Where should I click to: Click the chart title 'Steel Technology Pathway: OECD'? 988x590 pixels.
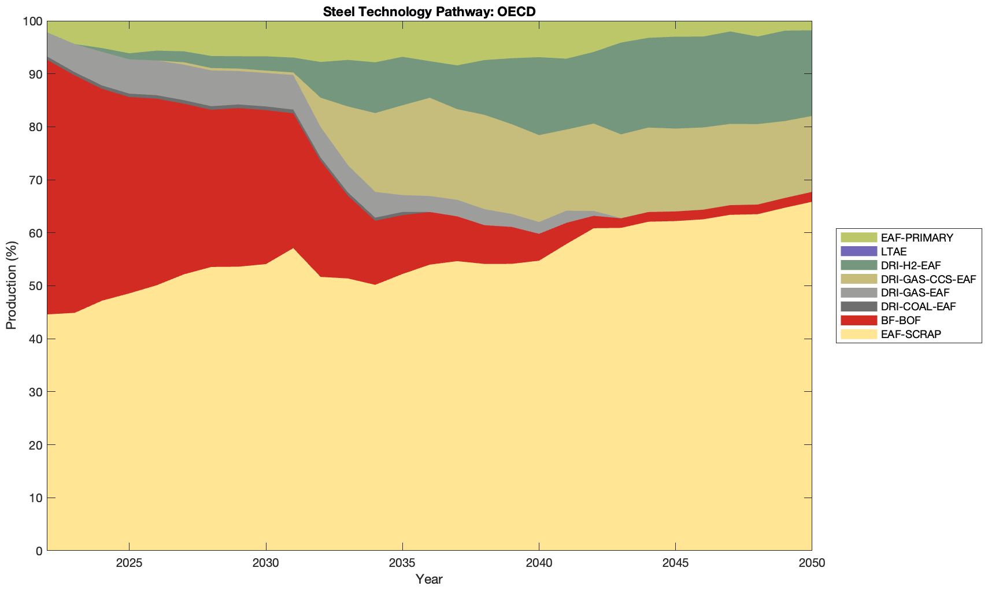(429, 11)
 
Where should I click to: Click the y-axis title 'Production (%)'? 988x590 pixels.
(11, 285)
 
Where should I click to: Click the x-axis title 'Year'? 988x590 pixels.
(429, 579)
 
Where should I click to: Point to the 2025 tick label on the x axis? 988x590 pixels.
(129, 564)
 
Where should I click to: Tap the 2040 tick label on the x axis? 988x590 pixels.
(539, 564)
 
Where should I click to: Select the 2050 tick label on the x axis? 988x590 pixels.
(812, 564)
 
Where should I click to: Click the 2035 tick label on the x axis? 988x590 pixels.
(402, 564)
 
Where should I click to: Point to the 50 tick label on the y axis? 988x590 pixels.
(35, 286)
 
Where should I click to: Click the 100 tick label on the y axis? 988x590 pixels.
(32, 21)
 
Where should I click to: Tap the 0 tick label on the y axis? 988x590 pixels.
(39, 551)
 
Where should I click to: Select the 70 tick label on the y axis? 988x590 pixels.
(35, 180)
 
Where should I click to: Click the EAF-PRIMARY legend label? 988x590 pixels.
(917, 238)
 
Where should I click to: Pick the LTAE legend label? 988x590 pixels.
(894, 251)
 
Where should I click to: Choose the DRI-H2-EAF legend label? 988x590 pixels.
(911, 265)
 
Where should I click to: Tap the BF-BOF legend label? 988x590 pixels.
(901, 320)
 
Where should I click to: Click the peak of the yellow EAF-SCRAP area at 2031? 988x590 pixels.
(293, 248)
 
